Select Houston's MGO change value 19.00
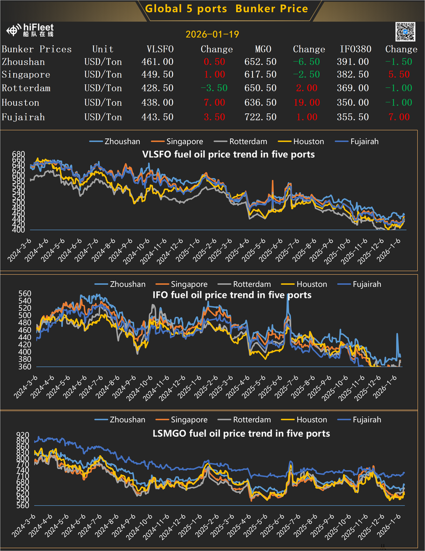[306, 103]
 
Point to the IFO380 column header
[356, 49]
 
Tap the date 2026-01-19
[212, 35]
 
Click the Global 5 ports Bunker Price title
[227, 9]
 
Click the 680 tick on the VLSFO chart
[18, 154]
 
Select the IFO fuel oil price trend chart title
[232, 295]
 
